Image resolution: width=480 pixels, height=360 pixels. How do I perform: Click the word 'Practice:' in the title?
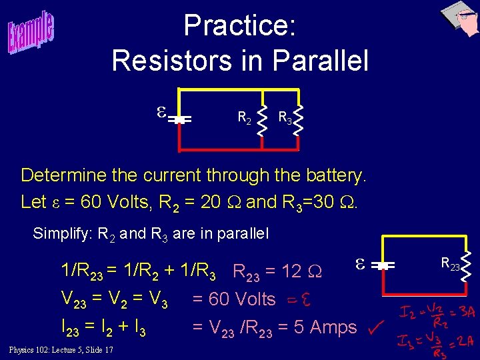point(239,26)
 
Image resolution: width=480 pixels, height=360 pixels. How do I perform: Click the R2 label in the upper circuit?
point(245,118)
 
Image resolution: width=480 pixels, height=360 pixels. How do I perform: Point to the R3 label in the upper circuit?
point(285,118)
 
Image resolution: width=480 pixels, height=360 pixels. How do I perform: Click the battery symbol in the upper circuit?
point(178,120)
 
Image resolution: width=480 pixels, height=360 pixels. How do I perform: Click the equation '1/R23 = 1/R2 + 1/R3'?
point(138,271)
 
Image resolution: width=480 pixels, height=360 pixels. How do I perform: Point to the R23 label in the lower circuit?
point(450,265)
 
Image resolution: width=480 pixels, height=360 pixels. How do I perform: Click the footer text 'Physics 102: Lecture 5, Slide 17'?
point(61,350)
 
